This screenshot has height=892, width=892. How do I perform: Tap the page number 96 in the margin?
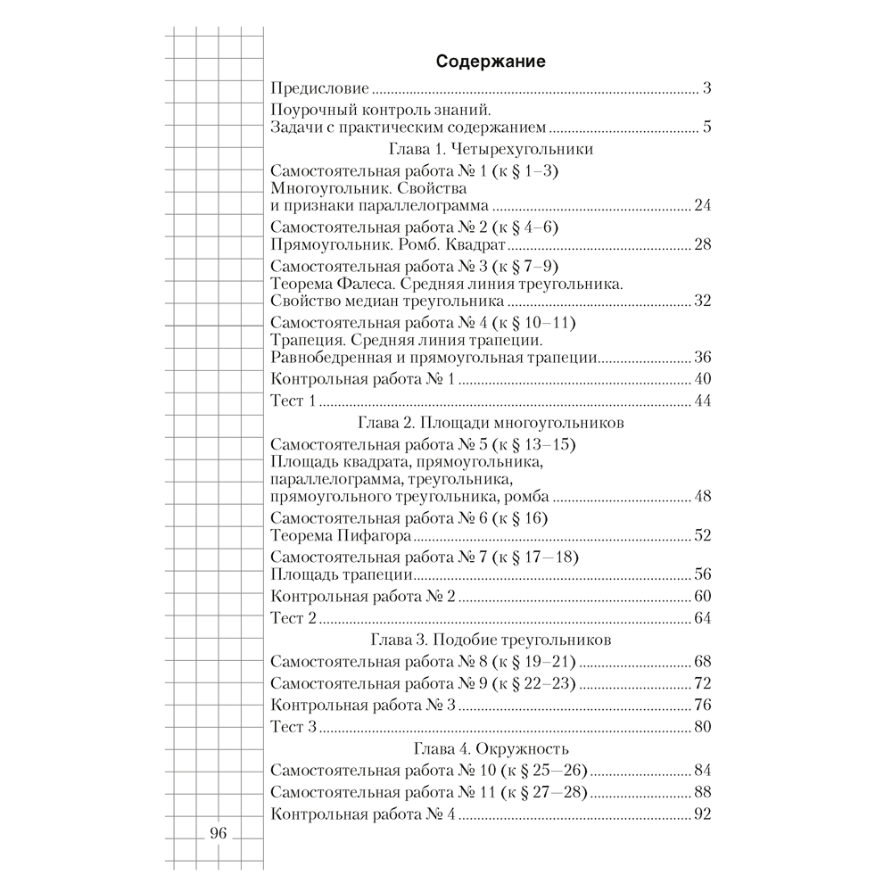[219, 835]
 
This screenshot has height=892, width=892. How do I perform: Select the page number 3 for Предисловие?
[705, 90]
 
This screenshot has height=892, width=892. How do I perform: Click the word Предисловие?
[319, 90]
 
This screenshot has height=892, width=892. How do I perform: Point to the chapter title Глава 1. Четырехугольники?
[490, 149]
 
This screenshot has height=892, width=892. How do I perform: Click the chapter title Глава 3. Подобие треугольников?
[490, 640]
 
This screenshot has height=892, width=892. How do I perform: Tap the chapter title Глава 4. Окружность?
[490, 748]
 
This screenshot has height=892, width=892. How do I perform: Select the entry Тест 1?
[293, 401]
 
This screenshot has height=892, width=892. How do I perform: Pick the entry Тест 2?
[293, 619]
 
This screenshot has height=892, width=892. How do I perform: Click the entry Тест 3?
[293, 727]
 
